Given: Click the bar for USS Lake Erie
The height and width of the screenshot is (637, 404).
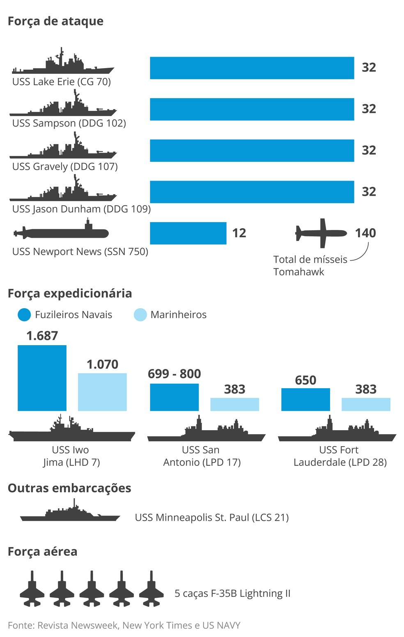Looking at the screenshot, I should (252, 68).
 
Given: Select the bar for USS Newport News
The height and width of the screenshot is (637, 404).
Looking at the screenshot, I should (188, 233).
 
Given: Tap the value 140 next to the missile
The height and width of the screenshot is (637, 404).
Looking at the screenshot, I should (365, 233).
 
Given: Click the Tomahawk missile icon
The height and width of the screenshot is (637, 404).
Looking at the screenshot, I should (321, 233).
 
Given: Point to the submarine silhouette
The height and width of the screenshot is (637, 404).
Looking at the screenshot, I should (62, 233).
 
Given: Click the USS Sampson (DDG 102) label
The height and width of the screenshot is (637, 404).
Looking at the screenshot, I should (69, 123).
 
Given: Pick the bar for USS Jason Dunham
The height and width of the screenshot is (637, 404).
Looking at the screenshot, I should (252, 192).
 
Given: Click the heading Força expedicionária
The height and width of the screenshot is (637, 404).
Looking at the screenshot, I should (70, 293).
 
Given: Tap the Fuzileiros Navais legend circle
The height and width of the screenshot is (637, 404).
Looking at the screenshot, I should (24, 315).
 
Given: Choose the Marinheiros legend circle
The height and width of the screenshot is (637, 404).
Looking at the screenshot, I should (140, 315).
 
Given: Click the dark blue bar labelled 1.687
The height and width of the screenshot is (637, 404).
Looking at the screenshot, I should (42, 378).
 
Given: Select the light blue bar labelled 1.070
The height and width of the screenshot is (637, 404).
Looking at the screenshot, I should (102, 392).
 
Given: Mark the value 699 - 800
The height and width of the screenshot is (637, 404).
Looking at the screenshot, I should (174, 374).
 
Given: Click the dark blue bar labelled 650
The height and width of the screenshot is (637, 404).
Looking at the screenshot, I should (305, 399).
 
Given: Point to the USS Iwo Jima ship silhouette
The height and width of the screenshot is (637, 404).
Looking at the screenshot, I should (72, 431).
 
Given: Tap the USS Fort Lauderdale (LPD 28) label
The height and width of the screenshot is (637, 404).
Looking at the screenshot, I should (340, 456).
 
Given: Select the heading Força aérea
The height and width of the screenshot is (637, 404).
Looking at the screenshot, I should (42, 552).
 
